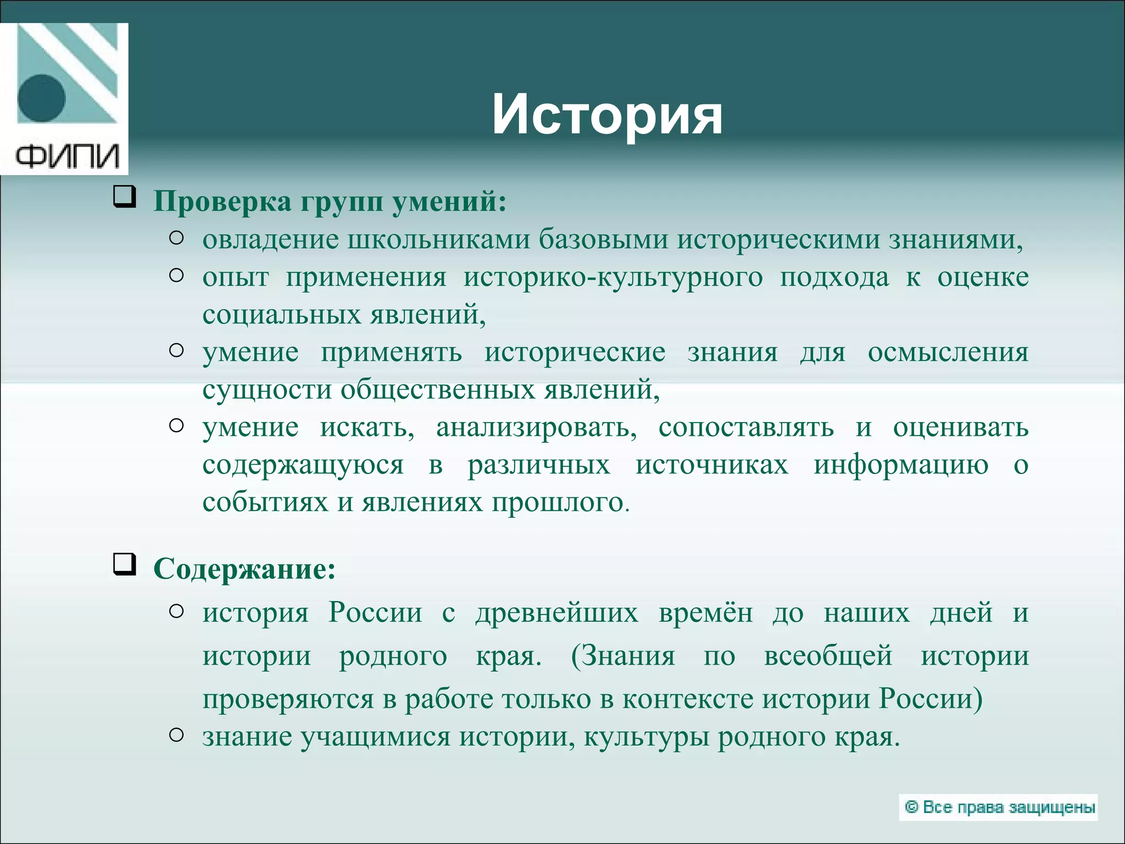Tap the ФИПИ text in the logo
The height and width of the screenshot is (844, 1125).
pyautogui.click(x=67, y=156)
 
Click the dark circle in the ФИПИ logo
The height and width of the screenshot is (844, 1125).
pyautogui.click(x=41, y=98)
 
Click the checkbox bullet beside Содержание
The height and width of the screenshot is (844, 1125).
pyautogui.click(x=124, y=565)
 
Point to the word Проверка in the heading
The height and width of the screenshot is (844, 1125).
pyautogui.click(x=222, y=202)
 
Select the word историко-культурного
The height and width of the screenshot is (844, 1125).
pyautogui.click(x=612, y=277)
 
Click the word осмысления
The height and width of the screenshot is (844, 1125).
pyautogui.click(x=948, y=352)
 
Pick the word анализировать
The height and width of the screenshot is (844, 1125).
pyautogui.click(x=536, y=427)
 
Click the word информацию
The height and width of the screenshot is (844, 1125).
pyautogui.click(x=901, y=465)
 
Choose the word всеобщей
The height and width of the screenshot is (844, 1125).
pyautogui.click(x=828, y=656)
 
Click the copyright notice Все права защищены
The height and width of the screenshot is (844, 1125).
pyautogui.click(x=998, y=807)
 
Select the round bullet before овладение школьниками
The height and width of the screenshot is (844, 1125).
pyautogui.click(x=176, y=238)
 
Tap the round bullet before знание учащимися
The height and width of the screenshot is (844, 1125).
pyautogui.click(x=176, y=735)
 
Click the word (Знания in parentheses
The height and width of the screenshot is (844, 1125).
pyautogui.click(x=623, y=656)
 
